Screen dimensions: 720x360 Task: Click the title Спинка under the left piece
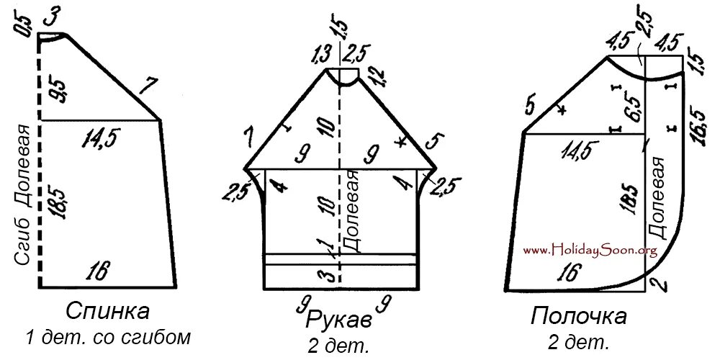[x=107, y=311]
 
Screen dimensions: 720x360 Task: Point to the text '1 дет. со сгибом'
[x=109, y=336]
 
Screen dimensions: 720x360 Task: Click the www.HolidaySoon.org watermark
[x=590, y=250]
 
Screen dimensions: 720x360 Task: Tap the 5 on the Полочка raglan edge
[x=531, y=107]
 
